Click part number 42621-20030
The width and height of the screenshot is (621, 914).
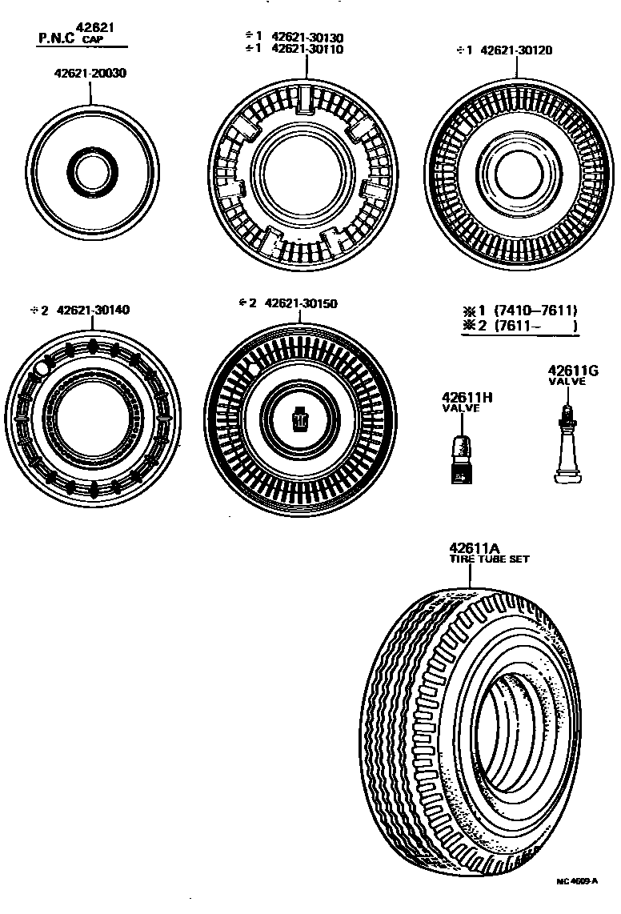click(x=91, y=73)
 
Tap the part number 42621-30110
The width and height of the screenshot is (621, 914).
click(x=306, y=49)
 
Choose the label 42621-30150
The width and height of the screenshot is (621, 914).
click(x=300, y=303)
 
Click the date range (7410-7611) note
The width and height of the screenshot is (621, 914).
click(x=535, y=311)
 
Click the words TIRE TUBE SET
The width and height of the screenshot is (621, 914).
click(x=488, y=559)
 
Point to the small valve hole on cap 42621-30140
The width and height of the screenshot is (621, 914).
click(x=40, y=369)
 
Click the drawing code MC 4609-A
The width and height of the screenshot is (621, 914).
click(x=577, y=881)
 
